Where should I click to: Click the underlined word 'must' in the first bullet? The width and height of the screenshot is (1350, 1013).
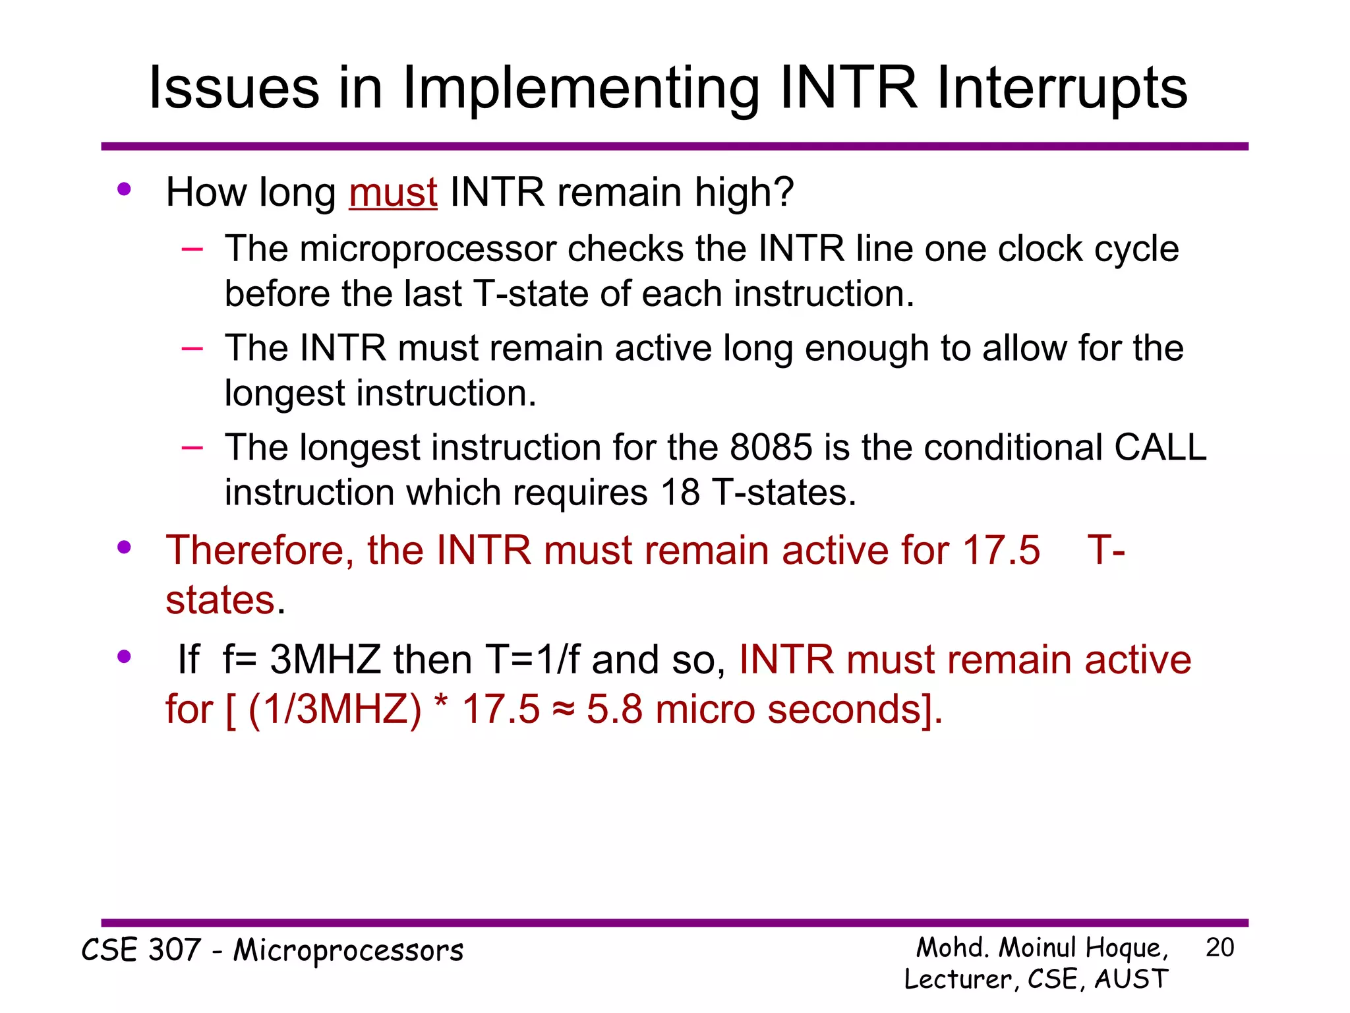tap(393, 193)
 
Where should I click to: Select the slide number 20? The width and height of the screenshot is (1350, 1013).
tap(1219, 948)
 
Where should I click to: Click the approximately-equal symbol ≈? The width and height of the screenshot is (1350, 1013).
tap(563, 710)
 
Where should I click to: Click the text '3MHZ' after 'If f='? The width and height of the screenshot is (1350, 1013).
tap(326, 660)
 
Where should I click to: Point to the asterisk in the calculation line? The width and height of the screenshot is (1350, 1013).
tap(442, 704)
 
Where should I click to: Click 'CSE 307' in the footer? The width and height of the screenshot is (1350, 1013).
tap(140, 950)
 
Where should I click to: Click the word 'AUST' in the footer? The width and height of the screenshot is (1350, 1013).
tap(1131, 979)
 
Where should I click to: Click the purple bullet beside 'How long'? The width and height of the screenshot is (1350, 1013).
tap(124, 190)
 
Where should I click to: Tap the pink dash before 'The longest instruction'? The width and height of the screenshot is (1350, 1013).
tap(192, 448)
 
